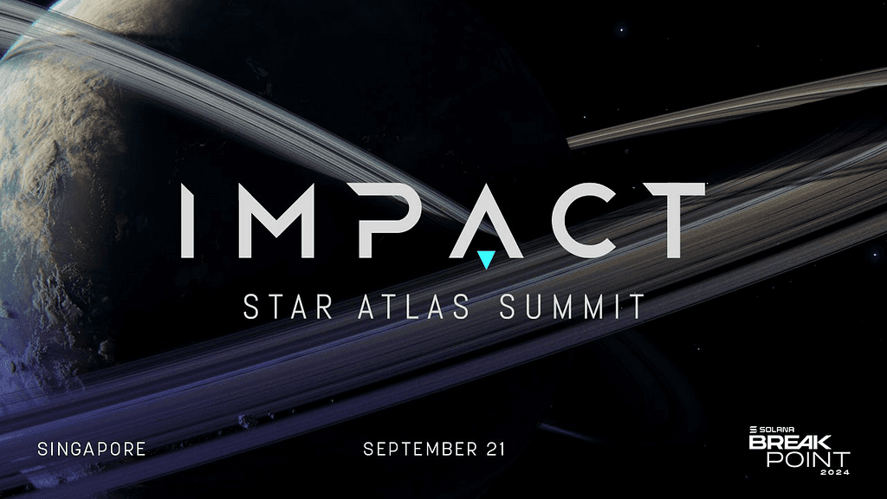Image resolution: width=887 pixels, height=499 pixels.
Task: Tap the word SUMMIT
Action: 572,307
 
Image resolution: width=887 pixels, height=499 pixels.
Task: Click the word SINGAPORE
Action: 92,450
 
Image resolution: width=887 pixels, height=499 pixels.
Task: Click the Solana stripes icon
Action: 754,429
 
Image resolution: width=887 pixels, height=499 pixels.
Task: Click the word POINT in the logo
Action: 807,458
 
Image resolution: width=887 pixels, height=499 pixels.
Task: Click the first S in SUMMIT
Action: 508,307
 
